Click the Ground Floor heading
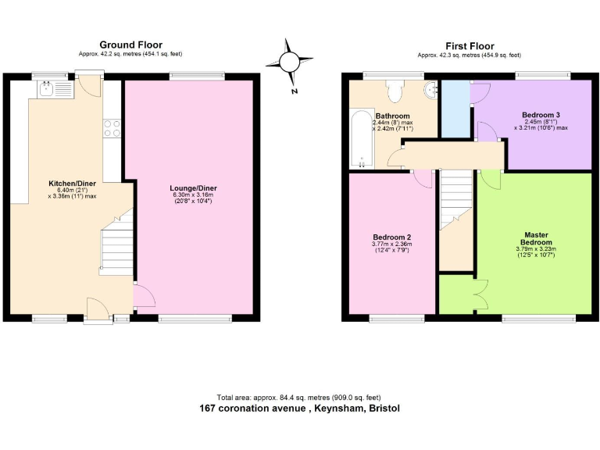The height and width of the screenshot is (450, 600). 130,45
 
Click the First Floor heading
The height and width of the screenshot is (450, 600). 470,46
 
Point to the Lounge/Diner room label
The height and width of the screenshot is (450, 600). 193,188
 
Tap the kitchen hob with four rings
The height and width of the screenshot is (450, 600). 112,127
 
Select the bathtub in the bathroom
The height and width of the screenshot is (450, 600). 361,139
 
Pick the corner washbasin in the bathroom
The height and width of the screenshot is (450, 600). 430,91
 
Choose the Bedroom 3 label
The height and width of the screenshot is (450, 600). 541,113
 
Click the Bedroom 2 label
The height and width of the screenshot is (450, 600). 391,237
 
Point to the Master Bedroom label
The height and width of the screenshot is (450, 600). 535,238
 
